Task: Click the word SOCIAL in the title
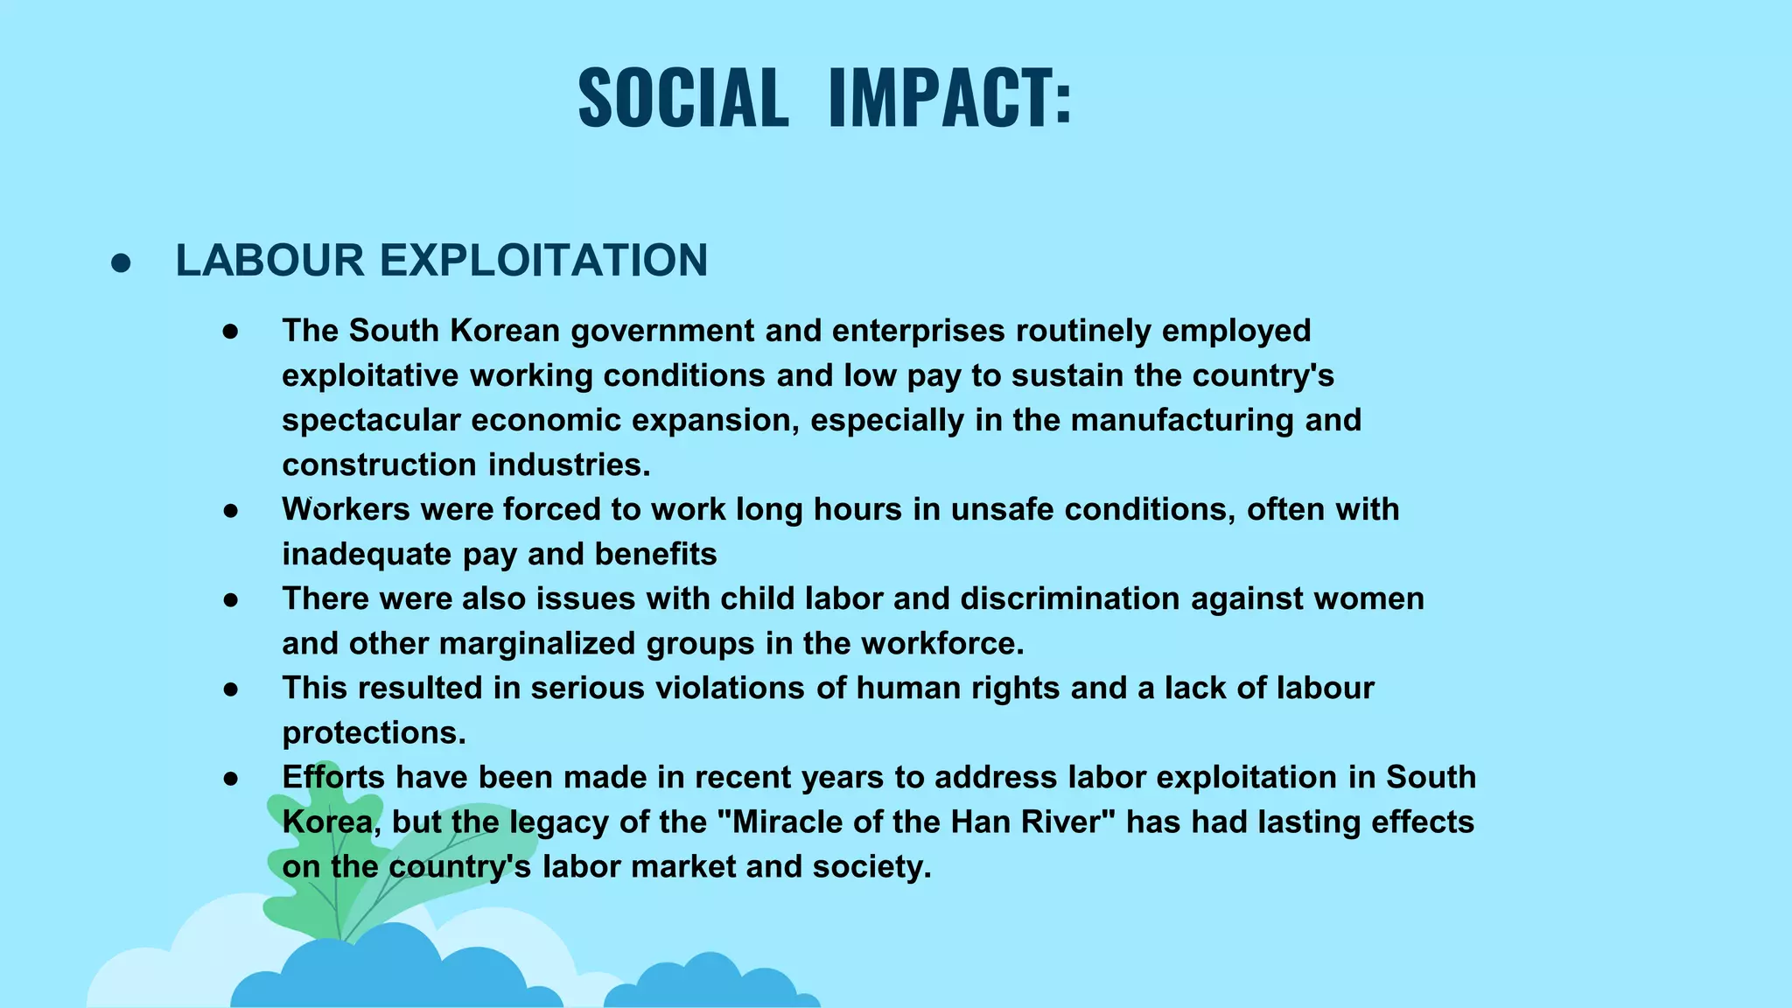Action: [683, 97]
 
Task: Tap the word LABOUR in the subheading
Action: [269, 261]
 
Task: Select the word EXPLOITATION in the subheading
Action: [543, 261]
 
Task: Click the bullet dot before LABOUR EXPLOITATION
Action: [121, 263]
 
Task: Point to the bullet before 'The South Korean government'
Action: [231, 332]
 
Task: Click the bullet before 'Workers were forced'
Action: [231, 510]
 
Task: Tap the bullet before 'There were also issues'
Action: [231, 599]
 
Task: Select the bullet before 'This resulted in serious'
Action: [231, 689]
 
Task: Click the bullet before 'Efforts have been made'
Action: [231, 778]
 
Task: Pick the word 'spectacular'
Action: [371, 420]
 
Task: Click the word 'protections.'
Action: [374, 732]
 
